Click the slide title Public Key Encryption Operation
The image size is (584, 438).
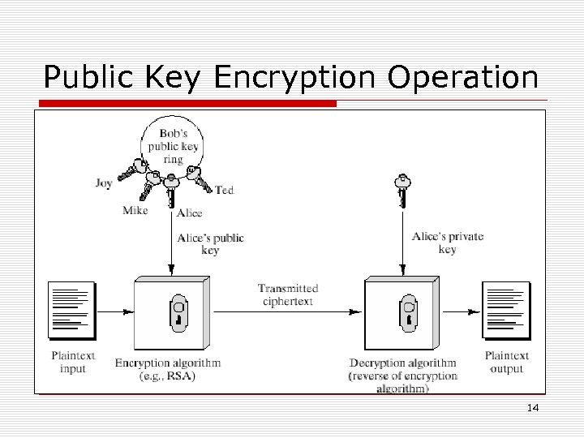pos(290,78)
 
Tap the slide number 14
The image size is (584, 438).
pos(533,407)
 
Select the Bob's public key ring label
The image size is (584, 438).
pos(173,146)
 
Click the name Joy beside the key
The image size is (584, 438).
pos(104,183)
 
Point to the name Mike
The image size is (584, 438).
pos(135,211)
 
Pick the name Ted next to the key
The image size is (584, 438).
pos(225,190)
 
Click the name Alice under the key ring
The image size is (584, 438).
pos(189,213)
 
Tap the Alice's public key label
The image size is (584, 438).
pos(210,244)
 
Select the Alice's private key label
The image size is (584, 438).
pos(448,243)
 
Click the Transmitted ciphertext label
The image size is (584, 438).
pos(288,294)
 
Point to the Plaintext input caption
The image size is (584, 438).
pos(73,362)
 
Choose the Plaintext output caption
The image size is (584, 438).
pos(507,362)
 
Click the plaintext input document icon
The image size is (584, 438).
pos(72,310)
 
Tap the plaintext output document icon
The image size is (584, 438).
pos(506,310)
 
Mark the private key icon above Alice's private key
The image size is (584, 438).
pos(401,190)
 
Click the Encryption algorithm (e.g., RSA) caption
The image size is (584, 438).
pos(168,369)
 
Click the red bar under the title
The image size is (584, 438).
pos(187,104)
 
